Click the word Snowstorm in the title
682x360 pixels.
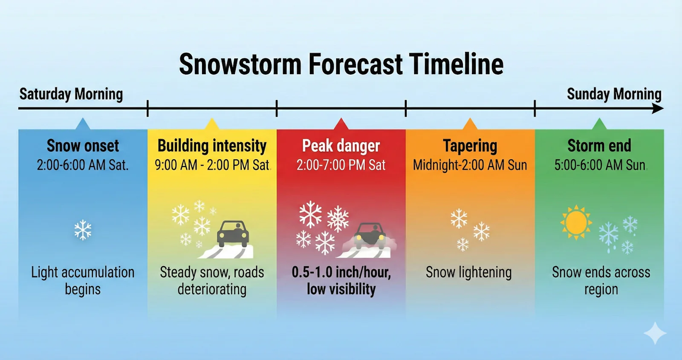tap(240, 64)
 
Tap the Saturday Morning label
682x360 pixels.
tap(71, 94)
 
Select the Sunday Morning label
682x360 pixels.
tap(614, 94)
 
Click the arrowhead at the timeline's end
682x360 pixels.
tap(658, 109)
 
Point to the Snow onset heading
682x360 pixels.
tap(83, 146)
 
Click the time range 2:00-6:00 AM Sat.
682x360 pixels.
tap(83, 165)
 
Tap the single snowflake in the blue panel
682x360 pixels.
tap(83, 230)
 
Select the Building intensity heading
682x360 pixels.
tap(212, 146)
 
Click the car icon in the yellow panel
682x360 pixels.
tap(233, 233)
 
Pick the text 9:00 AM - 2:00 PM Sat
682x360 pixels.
tap(212, 165)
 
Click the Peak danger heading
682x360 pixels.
tap(341, 146)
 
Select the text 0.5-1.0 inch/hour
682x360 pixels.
tap(341, 272)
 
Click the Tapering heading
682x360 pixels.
tap(470, 146)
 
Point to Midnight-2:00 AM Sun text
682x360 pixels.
tap(470, 165)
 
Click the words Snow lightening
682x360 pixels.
tap(468, 272)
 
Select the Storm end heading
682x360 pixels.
tap(599, 146)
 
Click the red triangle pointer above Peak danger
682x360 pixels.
tap(341, 124)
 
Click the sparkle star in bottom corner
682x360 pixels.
tap(655, 333)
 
